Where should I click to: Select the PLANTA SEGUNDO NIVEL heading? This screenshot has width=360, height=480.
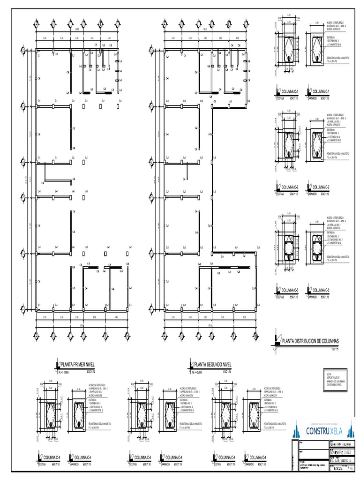click(x=213, y=364)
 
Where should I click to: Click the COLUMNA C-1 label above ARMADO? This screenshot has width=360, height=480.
click(x=321, y=91)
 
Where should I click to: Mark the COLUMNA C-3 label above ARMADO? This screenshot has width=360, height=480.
click(x=321, y=290)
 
